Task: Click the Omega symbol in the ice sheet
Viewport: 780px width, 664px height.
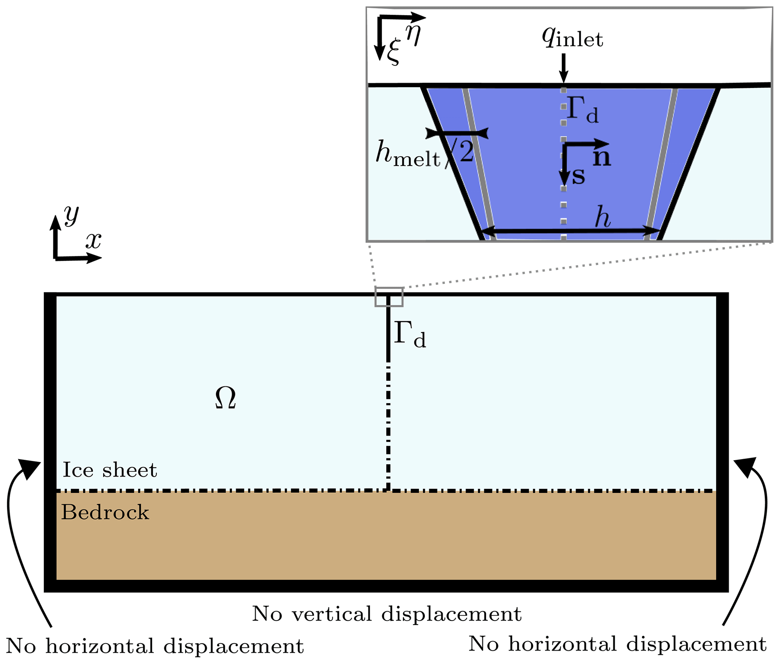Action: [x=226, y=398]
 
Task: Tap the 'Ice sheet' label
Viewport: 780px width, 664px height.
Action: [x=109, y=470]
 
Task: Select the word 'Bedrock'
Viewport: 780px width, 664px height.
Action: [x=105, y=513]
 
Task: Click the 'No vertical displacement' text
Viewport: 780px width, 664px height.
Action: [x=387, y=614]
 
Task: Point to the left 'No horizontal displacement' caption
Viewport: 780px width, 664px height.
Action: [x=155, y=646]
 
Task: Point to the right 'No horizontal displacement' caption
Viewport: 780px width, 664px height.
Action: [x=617, y=644]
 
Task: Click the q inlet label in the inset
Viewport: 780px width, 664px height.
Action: [x=572, y=38]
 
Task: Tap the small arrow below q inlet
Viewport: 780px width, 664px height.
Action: [x=563, y=68]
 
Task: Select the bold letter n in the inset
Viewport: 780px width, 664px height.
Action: [x=602, y=158]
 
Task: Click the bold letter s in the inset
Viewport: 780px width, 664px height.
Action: [x=578, y=176]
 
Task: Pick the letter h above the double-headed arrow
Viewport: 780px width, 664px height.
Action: [x=603, y=218]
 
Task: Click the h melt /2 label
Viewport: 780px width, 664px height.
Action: [x=425, y=154]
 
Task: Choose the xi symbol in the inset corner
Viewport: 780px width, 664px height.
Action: [x=393, y=53]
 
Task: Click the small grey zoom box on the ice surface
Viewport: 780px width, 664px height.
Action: [x=389, y=297]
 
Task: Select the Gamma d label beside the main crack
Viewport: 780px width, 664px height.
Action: [x=410, y=334]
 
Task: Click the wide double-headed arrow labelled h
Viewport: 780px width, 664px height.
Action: [x=571, y=230]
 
